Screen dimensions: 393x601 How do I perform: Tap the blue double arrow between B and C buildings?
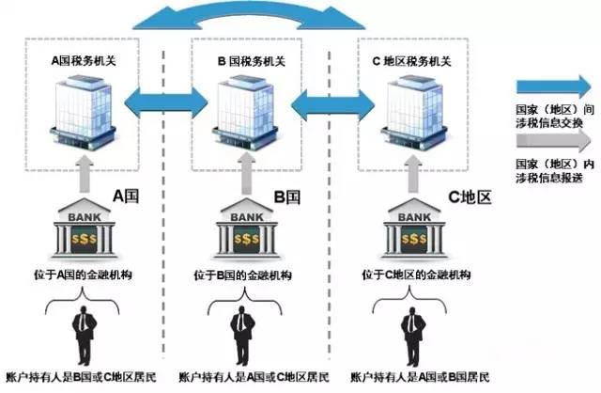pos(331,102)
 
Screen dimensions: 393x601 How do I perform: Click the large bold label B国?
pos(286,198)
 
